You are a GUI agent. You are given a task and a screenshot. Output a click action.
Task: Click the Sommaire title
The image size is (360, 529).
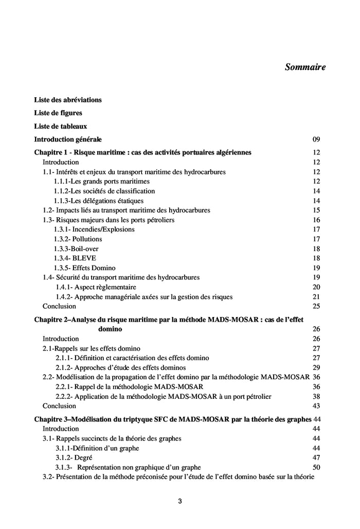point(305,67)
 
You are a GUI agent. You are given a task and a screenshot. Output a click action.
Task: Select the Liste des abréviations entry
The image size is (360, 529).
point(68,100)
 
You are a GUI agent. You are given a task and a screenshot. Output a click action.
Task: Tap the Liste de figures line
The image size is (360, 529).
point(58,113)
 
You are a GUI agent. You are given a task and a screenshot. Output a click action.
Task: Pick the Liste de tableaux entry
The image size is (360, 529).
point(61,126)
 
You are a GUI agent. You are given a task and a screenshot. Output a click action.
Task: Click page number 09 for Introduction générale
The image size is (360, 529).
point(316,139)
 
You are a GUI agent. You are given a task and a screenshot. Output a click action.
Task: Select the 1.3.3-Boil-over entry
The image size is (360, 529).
point(78,249)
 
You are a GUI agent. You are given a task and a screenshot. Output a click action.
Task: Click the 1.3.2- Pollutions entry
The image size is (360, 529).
point(78,239)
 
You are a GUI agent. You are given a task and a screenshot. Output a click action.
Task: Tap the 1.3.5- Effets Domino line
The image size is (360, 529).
point(84,268)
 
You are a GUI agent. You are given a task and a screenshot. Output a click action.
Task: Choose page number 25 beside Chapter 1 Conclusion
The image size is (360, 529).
point(316,306)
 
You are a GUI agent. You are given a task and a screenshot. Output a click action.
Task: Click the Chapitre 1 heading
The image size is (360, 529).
point(142,152)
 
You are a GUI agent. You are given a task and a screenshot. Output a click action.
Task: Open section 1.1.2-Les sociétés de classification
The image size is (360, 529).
point(104,191)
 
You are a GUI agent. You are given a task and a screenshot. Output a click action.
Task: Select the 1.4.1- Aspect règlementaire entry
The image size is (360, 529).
point(96,287)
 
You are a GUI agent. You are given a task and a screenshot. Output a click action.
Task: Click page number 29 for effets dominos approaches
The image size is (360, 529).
point(316,367)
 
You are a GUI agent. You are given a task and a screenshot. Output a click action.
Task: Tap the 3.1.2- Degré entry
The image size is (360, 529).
point(75,457)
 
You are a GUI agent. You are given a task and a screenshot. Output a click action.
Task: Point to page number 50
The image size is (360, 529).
point(316,467)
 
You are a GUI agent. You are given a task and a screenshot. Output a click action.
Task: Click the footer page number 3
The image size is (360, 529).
point(180,501)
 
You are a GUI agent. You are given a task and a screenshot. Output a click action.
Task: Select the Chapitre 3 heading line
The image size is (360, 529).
point(173,419)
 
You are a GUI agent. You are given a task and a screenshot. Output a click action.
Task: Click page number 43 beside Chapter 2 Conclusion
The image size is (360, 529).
point(316,406)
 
